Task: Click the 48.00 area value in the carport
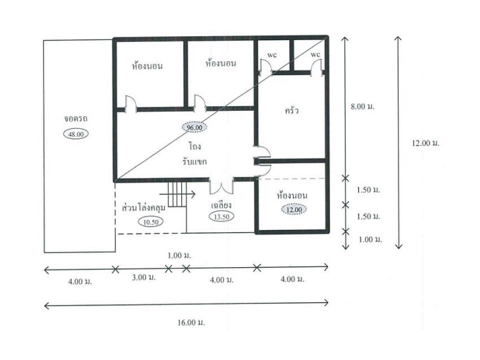[x=76, y=134]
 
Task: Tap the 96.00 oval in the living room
[x=194, y=127]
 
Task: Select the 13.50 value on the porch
[x=221, y=216]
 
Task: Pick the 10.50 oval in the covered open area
[x=151, y=222]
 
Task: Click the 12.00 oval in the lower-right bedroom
[x=294, y=209]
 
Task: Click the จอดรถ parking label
[x=75, y=119]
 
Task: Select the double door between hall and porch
[x=221, y=186]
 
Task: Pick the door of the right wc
[x=316, y=67]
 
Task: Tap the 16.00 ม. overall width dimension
[x=191, y=322]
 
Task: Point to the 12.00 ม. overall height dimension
[x=425, y=143]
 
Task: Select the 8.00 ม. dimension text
[x=363, y=107]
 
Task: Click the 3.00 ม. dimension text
[x=143, y=277]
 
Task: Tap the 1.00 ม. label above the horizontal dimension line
[x=179, y=255]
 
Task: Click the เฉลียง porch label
[x=221, y=205]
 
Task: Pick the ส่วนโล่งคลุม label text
[x=144, y=207]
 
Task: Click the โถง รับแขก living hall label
[x=195, y=154]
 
